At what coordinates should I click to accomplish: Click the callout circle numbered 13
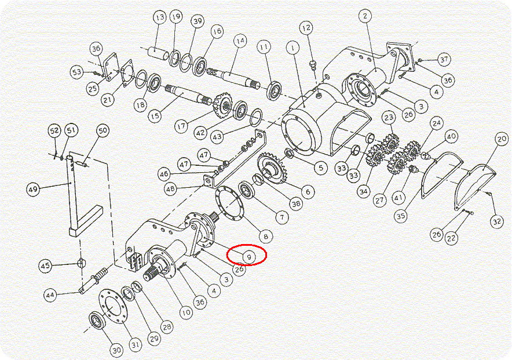pos(160,17)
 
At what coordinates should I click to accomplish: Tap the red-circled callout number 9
pos(249,257)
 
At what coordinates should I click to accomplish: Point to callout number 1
pos(292,48)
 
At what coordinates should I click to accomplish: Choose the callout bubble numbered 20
pos(502,139)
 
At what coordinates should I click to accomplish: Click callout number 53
pos(77,72)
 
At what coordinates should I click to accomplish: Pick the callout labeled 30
pos(116,351)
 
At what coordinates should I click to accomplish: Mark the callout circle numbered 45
pos(45,266)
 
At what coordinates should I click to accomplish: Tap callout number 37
pos(444,60)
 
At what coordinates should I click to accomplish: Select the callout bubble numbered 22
pos(451,238)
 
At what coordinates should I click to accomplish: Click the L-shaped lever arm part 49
pos(82,196)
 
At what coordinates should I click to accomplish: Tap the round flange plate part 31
pos(113,306)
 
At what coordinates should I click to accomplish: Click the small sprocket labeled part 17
pos(223,106)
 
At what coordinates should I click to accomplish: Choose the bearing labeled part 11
pos(275,90)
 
